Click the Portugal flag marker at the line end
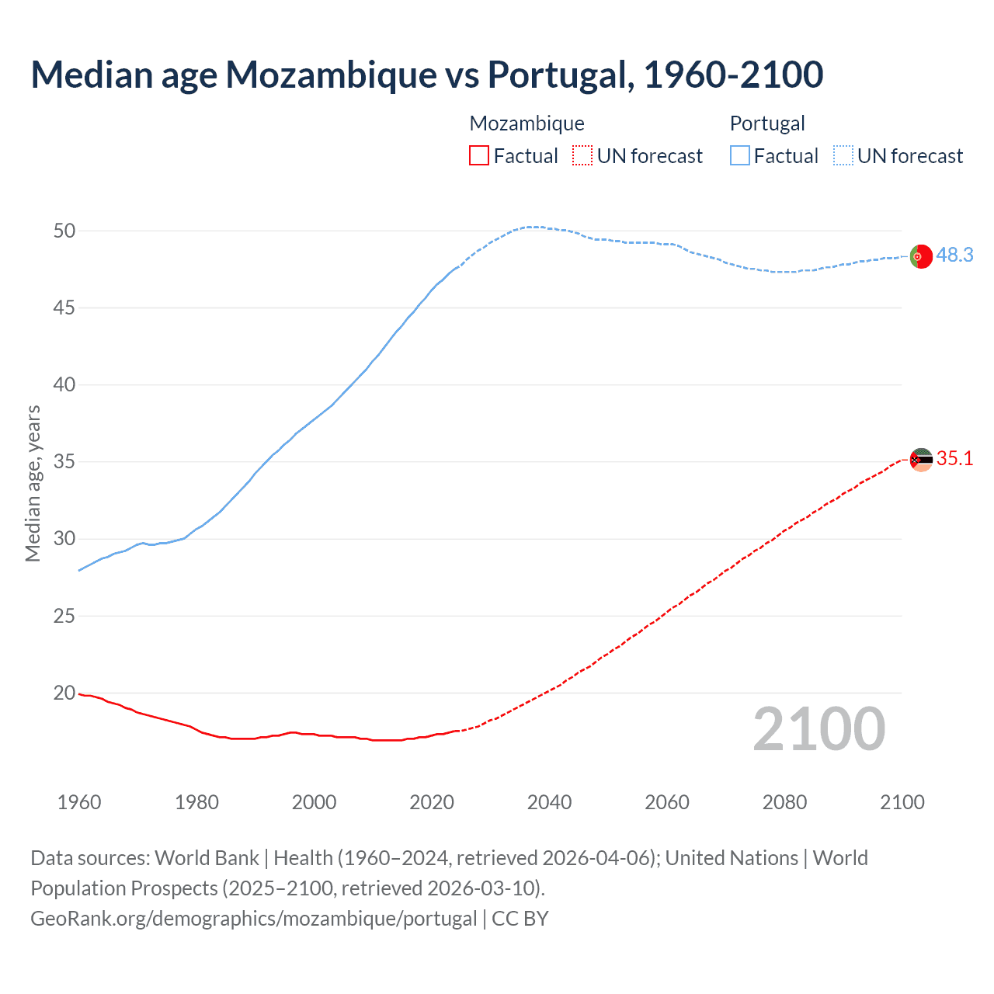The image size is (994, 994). click(921, 255)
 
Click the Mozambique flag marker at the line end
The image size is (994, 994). click(921, 460)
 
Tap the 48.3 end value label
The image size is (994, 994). click(954, 255)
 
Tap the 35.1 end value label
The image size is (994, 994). click(954, 458)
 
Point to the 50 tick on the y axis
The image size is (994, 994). click(64, 231)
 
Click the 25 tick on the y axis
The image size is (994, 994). click(64, 616)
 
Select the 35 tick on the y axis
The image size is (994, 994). click(64, 462)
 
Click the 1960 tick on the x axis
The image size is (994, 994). click(79, 802)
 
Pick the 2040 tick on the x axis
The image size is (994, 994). click(549, 802)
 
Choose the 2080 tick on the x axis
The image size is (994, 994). click(784, 802)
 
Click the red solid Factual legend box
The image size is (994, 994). click(479, 156)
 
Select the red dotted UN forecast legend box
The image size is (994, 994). click(582, 156)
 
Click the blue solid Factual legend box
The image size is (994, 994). click(740, 156)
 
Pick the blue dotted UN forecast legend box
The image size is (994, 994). click(843, 156)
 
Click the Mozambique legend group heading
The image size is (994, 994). click(527, 123)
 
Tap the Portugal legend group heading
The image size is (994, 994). click(767, 123)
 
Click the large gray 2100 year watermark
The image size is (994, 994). click(818, 728)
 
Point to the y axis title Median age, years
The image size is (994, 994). click(33, 483)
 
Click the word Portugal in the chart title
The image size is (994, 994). click(557, 75)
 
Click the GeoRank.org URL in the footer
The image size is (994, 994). click(253, 918)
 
